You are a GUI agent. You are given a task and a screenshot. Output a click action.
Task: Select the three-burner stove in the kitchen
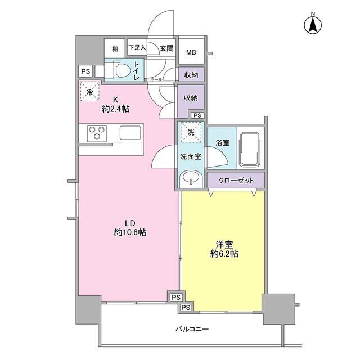tap(97, 133)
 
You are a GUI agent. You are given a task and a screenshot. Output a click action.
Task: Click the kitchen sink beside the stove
tap(130, 133)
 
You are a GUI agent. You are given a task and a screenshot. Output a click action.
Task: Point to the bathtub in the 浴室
tap(250, 150)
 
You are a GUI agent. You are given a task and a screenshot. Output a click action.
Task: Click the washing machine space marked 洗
tap(191, 133)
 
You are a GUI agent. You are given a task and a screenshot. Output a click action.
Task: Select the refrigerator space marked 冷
tap(90, 91)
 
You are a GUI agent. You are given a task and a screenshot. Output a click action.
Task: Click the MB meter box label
tap(191, 52)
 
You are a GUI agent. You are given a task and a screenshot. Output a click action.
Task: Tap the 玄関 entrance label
tap(166, 48)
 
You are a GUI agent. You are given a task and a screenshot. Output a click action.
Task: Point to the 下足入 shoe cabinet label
tap(137, 47)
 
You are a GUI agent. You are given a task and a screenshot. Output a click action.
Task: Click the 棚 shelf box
tap(115, 48)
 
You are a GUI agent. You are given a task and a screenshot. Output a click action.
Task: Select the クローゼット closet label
tap(236, 181)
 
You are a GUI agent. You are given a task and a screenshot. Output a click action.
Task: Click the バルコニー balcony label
tap(192, 330)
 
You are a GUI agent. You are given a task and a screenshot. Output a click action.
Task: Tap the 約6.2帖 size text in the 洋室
tap(224, 254)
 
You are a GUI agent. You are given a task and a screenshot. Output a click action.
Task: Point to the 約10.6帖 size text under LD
tap(130, 232)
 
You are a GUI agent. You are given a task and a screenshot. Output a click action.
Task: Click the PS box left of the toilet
tap(86, 71)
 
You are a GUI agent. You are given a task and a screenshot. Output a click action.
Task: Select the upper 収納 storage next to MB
tap(191, 75)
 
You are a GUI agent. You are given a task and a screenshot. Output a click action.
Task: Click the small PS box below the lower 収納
tap(197, 115)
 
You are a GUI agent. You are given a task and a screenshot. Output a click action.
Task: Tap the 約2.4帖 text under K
tap(115, 109)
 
